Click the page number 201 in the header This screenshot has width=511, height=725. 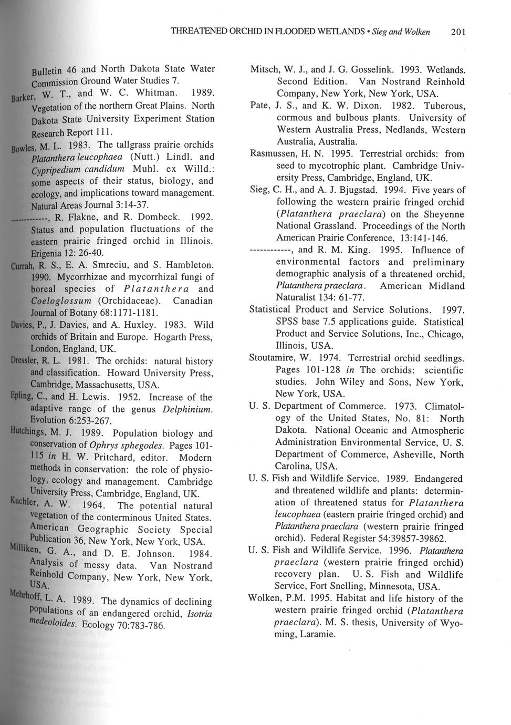point(458,32)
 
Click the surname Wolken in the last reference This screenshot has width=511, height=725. point(265,599)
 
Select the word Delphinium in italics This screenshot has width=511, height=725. point(187,409)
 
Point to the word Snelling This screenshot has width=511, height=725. point(345,586)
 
